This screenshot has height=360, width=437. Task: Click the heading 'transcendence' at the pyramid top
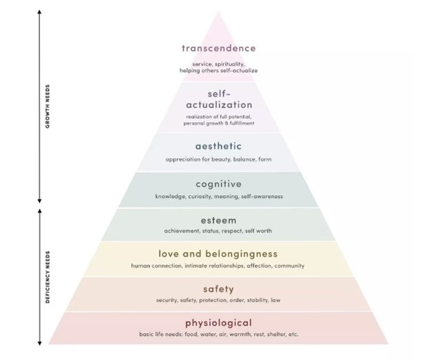pos(218,48)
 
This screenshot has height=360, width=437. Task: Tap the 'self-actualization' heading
pos(218,99)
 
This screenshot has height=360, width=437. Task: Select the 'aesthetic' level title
pos(218,146)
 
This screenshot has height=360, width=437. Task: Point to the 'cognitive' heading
pos(218,184)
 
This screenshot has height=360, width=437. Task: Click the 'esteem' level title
pos(218,220)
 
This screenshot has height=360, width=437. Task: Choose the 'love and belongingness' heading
pos(218,254)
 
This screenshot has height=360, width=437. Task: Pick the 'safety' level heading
pos(218,289)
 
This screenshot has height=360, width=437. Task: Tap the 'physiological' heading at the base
pos(218,323)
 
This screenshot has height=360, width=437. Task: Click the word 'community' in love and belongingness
pos(289,266)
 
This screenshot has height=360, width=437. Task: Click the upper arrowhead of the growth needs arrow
pos(40,14)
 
